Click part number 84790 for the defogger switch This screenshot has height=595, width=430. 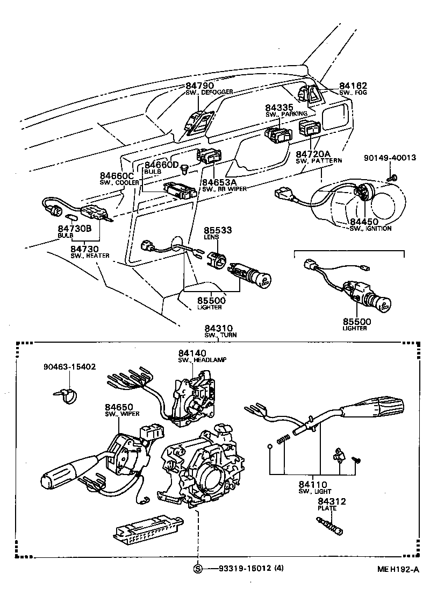click(200, 86)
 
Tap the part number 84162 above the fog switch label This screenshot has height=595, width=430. click(353, 86)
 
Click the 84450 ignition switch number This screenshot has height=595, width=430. click(364, 221)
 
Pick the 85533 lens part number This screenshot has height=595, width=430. click(217, 229)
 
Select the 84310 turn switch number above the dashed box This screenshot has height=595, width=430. click(217, 328)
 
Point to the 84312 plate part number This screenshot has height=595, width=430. click(331, 501)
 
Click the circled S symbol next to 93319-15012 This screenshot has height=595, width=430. click(198, 569)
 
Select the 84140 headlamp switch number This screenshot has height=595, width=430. click(192, 353)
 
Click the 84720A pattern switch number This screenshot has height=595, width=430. click(312, 153)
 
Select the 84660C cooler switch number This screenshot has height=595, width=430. click(116, 176)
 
